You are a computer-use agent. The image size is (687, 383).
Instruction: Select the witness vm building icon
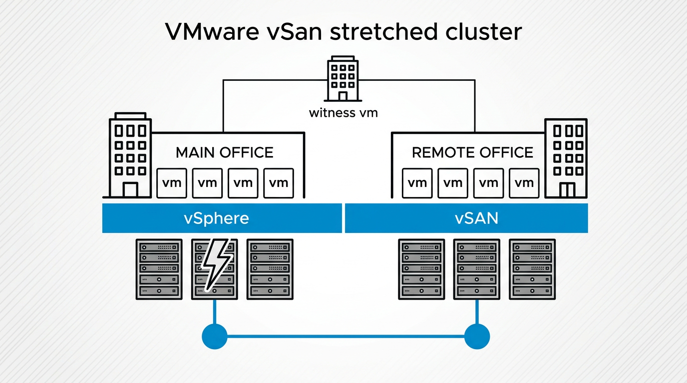343,79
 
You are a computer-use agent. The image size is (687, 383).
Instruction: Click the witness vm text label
343,113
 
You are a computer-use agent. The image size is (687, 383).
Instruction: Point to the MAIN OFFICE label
225,152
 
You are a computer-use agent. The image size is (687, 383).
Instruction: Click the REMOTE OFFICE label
472,152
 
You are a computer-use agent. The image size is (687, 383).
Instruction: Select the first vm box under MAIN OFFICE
172,183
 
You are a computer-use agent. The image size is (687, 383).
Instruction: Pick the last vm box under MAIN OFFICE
279,183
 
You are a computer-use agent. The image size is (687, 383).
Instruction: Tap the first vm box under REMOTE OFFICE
417,183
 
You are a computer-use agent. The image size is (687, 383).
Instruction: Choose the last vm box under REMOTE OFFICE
524,183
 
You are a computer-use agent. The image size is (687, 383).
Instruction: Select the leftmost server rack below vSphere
159,269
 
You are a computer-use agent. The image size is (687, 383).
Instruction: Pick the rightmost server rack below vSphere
270,269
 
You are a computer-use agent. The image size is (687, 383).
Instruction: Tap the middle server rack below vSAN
476,269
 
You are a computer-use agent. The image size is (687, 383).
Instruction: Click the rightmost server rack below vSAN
532,269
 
